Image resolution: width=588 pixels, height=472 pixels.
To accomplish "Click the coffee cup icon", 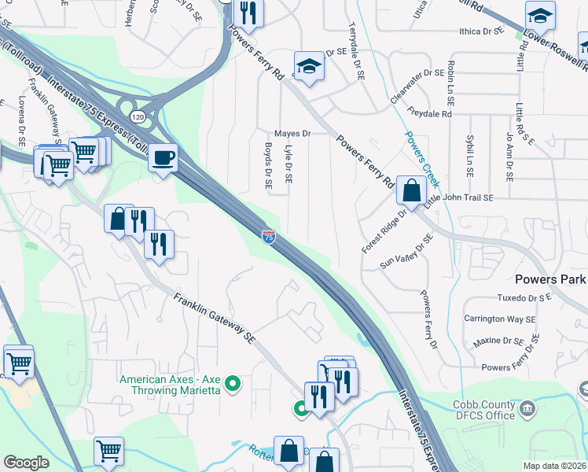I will (x=164, y=158).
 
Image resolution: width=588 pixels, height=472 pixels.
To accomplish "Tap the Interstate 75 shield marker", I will (x=269, y=235).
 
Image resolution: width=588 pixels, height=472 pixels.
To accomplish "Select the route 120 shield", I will (x=138, y=116).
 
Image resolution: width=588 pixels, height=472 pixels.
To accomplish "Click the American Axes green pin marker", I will (x=232, y=385).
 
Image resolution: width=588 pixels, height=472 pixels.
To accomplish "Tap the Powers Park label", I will (x=550, y=279).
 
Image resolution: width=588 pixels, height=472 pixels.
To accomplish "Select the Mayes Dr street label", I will (x=292, y=134).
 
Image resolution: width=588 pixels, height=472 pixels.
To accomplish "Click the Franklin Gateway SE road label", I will (x=215, y=319).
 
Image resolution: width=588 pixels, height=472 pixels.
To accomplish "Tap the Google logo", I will (x=26, y=463).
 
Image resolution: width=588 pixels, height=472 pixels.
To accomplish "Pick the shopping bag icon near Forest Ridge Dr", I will (x=411, y=190).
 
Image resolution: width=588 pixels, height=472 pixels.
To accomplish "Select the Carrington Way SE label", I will (x=499, y=319).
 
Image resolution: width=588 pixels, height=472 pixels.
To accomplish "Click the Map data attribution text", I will (x=554, y=466).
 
